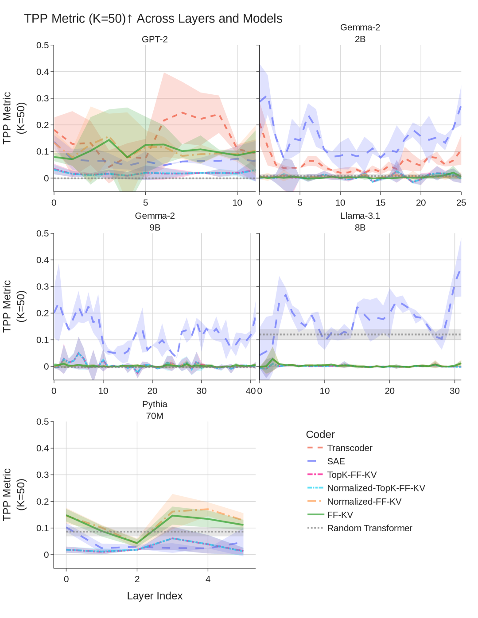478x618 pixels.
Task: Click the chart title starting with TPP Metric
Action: [x=153, y=19]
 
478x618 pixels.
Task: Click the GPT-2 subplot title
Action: [x=155, y=39]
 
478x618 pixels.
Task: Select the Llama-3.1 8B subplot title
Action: [x=360, y=222]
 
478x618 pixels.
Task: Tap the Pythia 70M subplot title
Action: [x=155, y=410]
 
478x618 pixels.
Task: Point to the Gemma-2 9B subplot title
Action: [x=155, y=222]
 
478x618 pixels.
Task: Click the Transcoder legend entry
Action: [x=350, y=448]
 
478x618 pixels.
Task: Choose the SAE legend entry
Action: [x=336, y=461]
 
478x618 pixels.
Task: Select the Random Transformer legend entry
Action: [x=369, y=528]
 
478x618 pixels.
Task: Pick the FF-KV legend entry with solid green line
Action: [x=340, y=515]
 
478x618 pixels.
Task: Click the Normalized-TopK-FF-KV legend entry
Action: [x=376, y=488]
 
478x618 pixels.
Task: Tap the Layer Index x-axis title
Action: [x=155, y=596]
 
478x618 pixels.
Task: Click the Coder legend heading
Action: [x=320, y=434]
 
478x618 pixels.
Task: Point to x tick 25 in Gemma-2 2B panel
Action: [x=461, y=203]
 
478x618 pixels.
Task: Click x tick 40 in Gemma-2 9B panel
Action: [x=251, y=391]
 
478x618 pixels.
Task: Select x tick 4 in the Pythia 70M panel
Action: [x=208, y=579]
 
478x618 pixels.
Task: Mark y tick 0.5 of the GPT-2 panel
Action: [x=43, y=45]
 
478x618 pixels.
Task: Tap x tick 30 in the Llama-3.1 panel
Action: [x=455, y=391]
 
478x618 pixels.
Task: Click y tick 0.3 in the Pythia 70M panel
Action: [x=43, y=475]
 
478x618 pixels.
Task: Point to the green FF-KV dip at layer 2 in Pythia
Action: [x=137, y=543]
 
